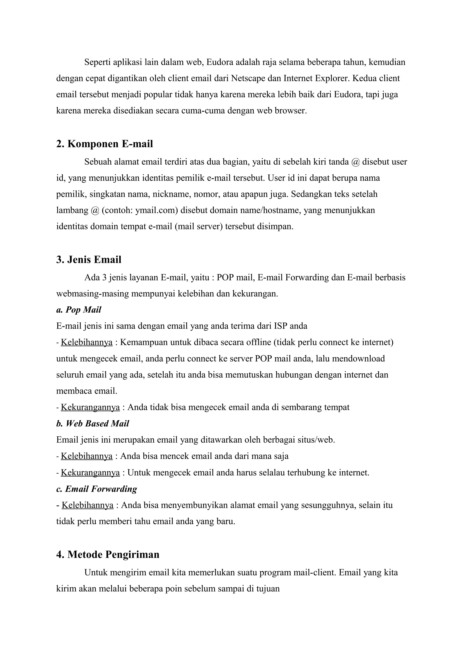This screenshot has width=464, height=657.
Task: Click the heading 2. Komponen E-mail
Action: [x=104, y=144]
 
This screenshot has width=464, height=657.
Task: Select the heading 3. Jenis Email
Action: [x=89, y=260]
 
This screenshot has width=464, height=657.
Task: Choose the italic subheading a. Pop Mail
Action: [x=79, y=310]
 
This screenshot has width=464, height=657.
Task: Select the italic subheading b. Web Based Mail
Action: [x=92, y=423]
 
